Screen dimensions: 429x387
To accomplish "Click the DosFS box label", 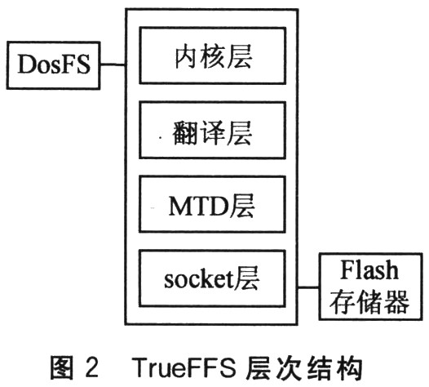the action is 54,64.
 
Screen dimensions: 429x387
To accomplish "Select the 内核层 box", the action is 213,56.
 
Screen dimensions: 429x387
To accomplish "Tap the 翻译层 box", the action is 213,130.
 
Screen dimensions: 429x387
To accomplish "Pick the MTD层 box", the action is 213,204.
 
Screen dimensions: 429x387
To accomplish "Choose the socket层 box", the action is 212,278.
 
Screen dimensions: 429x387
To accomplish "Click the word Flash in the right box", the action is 369,269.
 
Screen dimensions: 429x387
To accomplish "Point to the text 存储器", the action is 369,301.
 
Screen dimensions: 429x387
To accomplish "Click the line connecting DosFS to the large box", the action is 113,64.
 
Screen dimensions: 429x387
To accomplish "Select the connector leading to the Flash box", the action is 308,287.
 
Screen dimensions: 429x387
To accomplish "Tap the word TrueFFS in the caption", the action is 184,367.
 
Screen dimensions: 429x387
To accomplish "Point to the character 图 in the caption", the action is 62,367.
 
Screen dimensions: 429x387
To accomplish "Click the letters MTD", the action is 198,206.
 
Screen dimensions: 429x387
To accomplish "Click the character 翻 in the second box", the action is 185,132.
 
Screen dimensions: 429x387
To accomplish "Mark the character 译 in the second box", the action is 213,132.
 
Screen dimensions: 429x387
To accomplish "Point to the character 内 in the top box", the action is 187,56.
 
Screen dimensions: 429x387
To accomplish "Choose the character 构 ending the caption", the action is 351,367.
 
